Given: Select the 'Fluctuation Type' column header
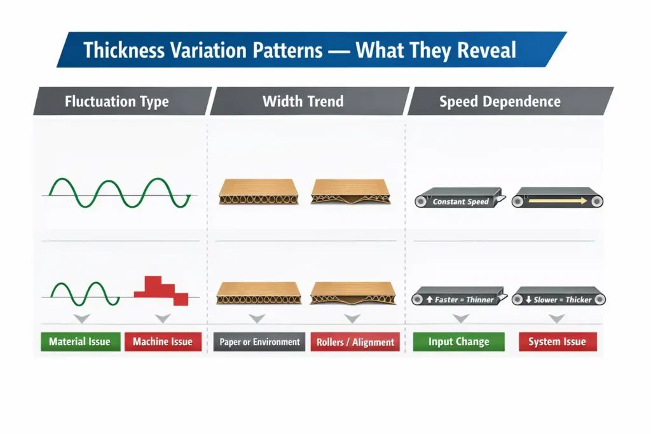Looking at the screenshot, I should point(117,101).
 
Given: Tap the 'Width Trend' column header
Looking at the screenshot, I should point(303,101).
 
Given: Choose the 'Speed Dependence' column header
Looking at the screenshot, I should point(500,101).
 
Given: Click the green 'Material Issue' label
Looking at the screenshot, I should point(80,342).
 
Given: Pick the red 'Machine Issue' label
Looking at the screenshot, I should point(163,342).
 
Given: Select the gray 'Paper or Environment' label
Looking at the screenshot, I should point(259,342).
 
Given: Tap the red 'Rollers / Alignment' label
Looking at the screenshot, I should point(355,342).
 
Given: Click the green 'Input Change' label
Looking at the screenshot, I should point(458,342).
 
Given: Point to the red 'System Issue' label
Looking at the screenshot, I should point(557,342).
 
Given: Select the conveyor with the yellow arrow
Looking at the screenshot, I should point(558,199).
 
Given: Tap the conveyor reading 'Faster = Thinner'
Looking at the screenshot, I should point(459,297).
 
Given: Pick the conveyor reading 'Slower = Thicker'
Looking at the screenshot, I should point(558,297).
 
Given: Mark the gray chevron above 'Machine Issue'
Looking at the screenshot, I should point(163,318).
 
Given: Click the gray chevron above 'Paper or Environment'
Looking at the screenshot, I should point(256,318).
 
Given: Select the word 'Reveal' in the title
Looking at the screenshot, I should point(483,50).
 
